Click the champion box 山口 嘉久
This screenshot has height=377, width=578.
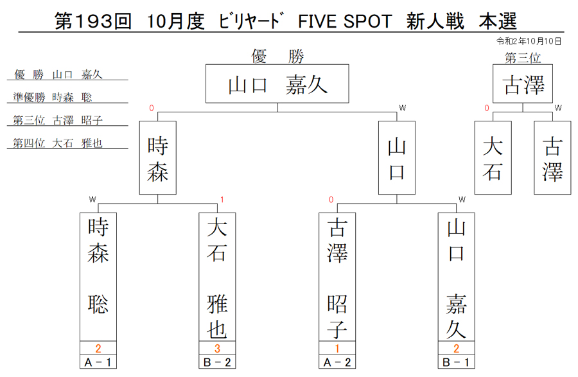click(277, 83)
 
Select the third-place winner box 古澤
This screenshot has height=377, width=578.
click(523, 83)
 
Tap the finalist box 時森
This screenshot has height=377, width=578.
click(158, 158)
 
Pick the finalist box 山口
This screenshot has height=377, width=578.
click(397, 158)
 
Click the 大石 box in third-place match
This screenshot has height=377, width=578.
click(493, 158)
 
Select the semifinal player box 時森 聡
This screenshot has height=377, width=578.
click(98, 277)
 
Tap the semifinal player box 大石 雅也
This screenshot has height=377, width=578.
click(217, 277)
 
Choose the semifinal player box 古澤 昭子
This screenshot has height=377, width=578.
click(337, 277)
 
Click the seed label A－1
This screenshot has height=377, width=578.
click(98, 362)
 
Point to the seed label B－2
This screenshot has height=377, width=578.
click(217, 362)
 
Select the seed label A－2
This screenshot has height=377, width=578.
click(337, 362)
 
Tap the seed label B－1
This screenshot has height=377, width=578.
click(456, 362)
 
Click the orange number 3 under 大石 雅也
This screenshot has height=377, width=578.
click(217, 348)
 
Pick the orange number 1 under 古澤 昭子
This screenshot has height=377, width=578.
click(337, 348)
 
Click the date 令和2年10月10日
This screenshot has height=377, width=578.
click(529, 41)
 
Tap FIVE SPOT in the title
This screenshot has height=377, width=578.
click(345, 21)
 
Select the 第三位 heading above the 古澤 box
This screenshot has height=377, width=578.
click(523, 58)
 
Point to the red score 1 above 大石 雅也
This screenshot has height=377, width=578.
click(222, 200)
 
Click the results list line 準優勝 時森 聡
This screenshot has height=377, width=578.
click(53, 97)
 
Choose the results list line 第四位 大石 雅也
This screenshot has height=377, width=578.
click(58, 143)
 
